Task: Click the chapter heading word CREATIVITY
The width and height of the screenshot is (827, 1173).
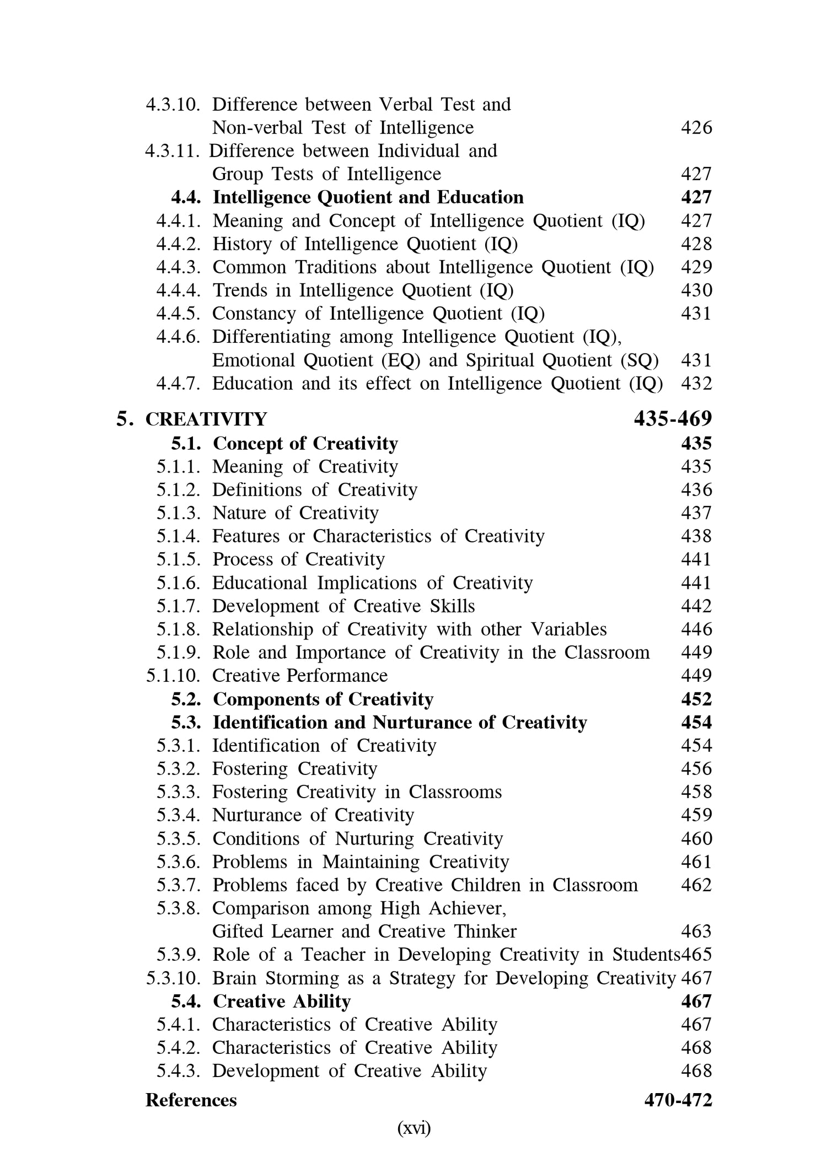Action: click(x=206, y=419)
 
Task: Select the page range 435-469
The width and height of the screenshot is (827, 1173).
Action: click(x=673, y=419)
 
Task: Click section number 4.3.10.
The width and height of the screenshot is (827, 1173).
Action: click(x=173, y=104)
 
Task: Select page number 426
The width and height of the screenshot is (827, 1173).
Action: click(x=696, y=128)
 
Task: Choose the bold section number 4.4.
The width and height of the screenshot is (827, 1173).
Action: click(x=186, y=197)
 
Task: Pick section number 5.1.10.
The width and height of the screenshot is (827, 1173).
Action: click(x=173, y=676)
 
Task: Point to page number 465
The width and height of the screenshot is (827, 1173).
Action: click(x=697, y=955)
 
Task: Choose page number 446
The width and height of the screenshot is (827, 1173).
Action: click(x=696, y=629)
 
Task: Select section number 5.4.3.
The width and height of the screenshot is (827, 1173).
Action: click(x=178, y=1071)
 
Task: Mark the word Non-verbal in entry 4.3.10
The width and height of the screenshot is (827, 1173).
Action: click(x=257, y=128)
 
